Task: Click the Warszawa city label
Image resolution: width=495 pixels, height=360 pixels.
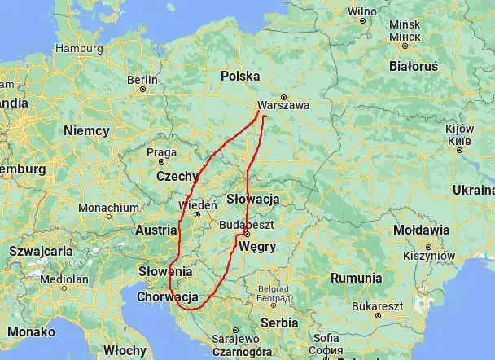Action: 283,105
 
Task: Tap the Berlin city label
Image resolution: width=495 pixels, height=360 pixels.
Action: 142,79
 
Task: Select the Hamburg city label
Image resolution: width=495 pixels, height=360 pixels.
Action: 80,48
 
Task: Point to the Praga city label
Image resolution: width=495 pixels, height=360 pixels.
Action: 161,151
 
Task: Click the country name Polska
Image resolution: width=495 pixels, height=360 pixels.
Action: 239,76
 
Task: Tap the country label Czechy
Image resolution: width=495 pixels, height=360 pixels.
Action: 177,175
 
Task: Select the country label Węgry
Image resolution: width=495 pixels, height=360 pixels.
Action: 258,247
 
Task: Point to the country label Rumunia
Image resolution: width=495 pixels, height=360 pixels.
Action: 356,278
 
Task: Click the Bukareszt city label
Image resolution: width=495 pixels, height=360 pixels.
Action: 379,305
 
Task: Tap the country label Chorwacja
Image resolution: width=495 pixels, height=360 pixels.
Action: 169,297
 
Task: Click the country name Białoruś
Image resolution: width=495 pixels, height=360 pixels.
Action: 414,65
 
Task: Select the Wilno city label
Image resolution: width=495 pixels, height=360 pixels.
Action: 362,11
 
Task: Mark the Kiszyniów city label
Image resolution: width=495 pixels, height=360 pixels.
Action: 428,255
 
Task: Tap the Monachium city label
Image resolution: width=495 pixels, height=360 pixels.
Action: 109,208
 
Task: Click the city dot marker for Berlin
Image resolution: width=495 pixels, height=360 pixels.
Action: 144,90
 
